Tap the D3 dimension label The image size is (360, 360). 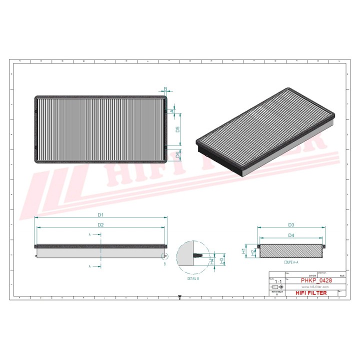[291, 224]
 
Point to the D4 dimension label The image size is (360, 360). [291, 234]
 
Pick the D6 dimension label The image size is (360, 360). [177, 155]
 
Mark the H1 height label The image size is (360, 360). [243, 249]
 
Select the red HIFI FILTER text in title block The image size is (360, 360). [311, 293]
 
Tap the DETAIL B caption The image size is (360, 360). [193, 278]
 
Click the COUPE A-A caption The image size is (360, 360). [290, 262]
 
